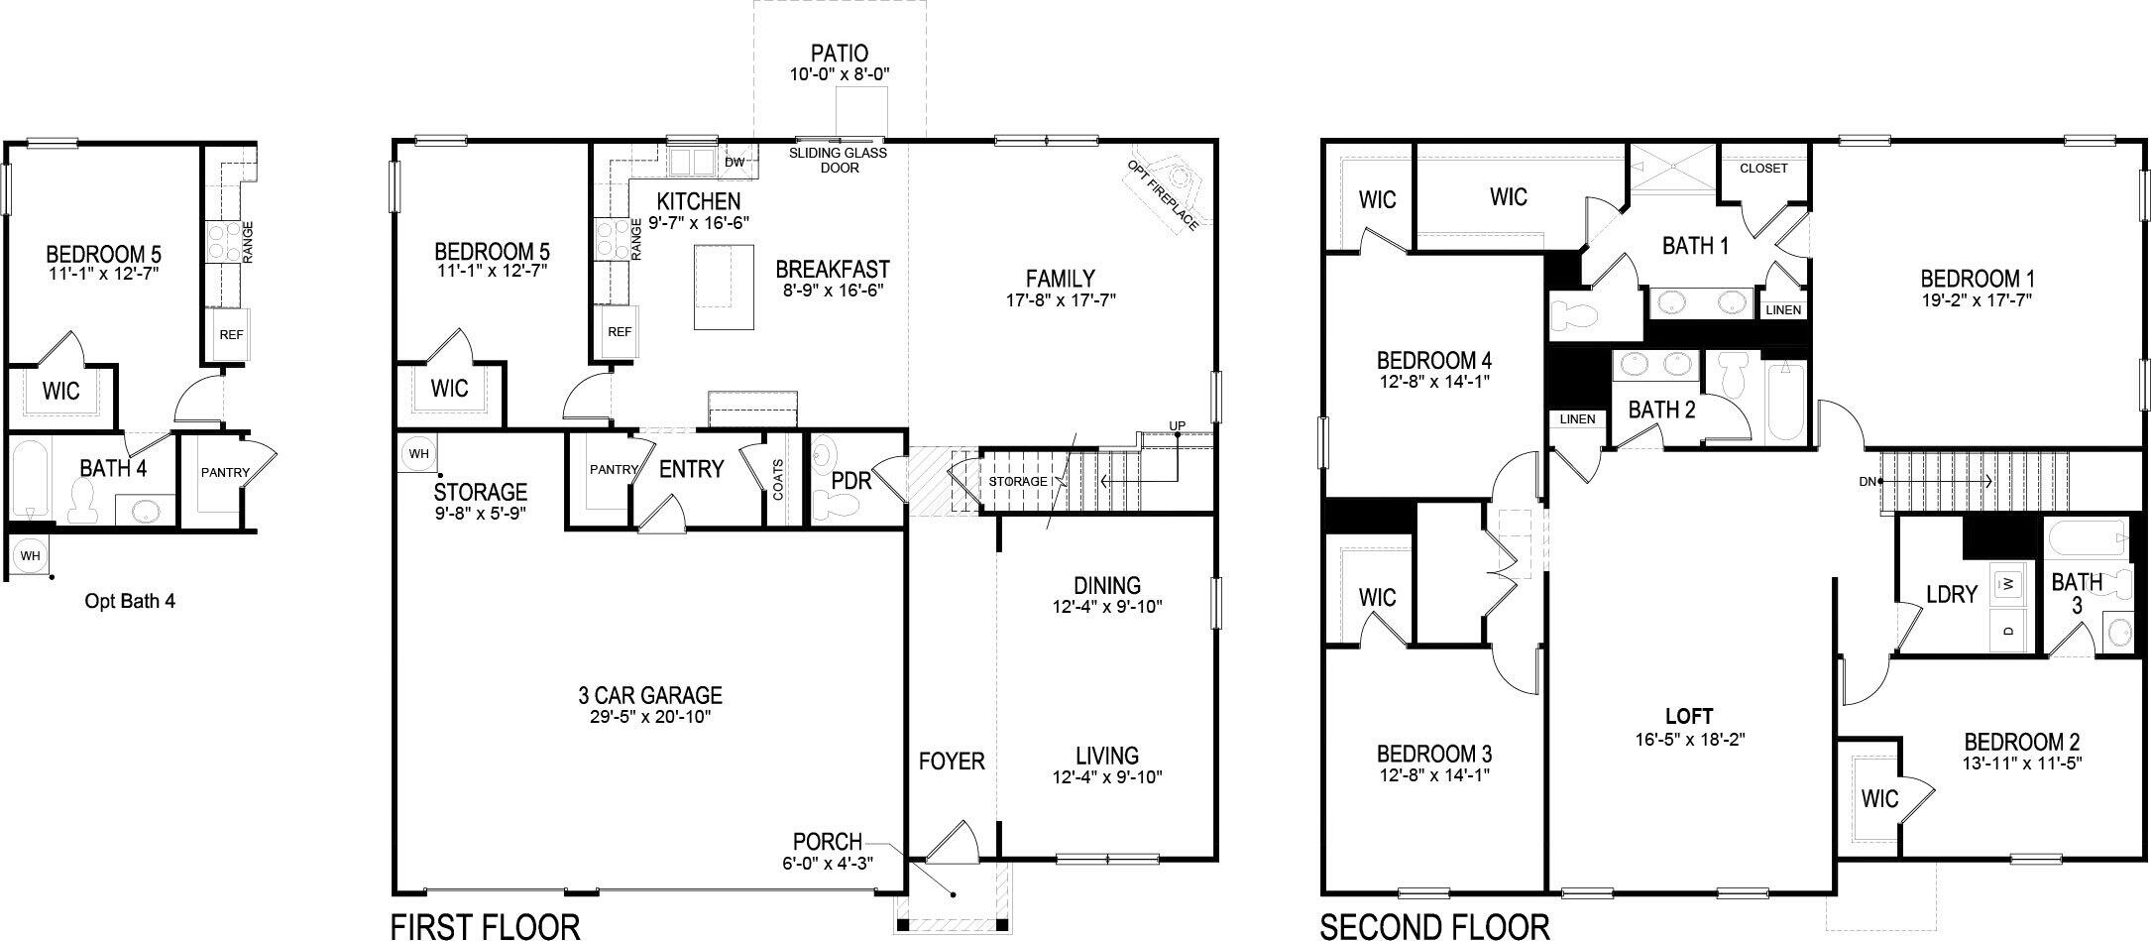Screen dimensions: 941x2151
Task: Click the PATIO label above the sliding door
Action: tap(839, 53)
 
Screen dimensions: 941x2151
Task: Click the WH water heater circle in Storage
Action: tap(418, 454)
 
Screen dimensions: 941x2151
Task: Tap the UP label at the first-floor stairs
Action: tap(1177, 426)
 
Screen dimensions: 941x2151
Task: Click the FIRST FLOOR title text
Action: tap(485, 926)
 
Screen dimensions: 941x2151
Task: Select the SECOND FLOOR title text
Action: tap(1433, 926)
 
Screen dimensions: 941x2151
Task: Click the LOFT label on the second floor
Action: tap(1688, 716)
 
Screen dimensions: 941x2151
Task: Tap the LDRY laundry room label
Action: tap(1951, 594)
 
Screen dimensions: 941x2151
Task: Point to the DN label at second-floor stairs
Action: tap(1868, 482)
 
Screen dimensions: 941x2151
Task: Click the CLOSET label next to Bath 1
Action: tap(1763, 169)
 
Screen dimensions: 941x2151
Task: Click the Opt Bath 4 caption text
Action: tap(130, 601)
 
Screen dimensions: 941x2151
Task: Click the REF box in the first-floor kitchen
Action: tap(620, 332)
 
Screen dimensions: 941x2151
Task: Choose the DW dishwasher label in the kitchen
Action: tap(735, 162)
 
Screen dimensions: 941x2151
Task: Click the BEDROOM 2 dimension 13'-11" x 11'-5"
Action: tap(2022, 764)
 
